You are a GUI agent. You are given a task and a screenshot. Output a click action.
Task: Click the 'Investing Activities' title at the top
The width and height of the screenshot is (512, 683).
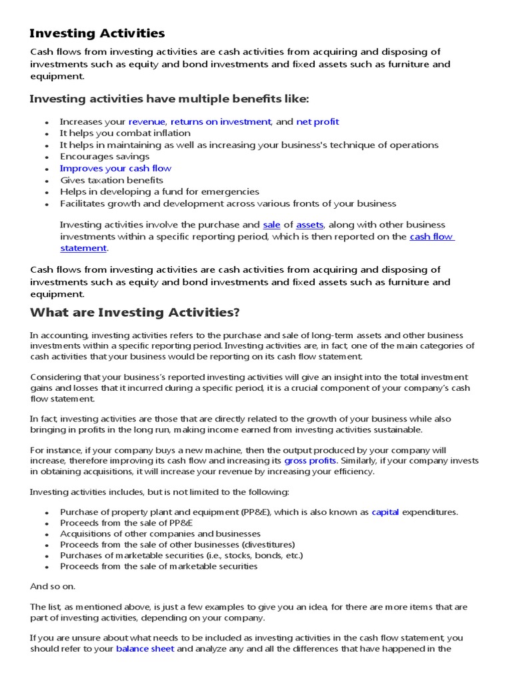97,33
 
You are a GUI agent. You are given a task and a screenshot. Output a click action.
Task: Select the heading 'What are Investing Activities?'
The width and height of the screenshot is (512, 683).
135,312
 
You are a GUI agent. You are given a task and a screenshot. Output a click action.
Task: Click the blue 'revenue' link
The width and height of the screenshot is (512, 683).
147,121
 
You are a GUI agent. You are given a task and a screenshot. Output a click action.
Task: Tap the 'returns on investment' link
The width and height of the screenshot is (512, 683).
221,121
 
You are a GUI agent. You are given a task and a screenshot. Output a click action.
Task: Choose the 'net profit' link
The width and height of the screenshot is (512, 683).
317,121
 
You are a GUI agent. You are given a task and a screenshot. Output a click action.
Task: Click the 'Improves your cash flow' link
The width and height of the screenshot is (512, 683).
115,168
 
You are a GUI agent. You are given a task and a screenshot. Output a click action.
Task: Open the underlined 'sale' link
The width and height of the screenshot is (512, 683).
271,225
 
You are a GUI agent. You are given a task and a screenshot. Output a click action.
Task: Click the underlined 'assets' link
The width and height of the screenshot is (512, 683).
309,225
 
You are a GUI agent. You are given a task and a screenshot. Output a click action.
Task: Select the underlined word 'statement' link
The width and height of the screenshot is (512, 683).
83,248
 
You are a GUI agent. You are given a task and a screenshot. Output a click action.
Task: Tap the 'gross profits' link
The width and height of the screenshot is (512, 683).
310,460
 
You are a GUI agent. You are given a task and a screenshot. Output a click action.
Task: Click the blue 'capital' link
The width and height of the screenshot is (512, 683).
385,512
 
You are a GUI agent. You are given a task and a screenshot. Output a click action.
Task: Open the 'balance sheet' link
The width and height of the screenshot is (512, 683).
145,648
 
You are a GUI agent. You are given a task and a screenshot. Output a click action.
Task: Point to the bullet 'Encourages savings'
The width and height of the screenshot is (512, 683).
105,157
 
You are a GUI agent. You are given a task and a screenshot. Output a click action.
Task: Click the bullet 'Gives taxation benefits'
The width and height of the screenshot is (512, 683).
111,180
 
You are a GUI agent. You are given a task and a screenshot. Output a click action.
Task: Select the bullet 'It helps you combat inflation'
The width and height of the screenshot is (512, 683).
125,133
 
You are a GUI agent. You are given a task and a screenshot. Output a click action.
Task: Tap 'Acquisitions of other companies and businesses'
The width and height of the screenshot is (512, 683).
160,534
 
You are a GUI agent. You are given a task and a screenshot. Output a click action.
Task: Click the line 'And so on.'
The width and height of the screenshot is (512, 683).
53,586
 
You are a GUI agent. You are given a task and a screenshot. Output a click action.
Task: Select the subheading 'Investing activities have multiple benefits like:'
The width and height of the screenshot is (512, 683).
169,99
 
